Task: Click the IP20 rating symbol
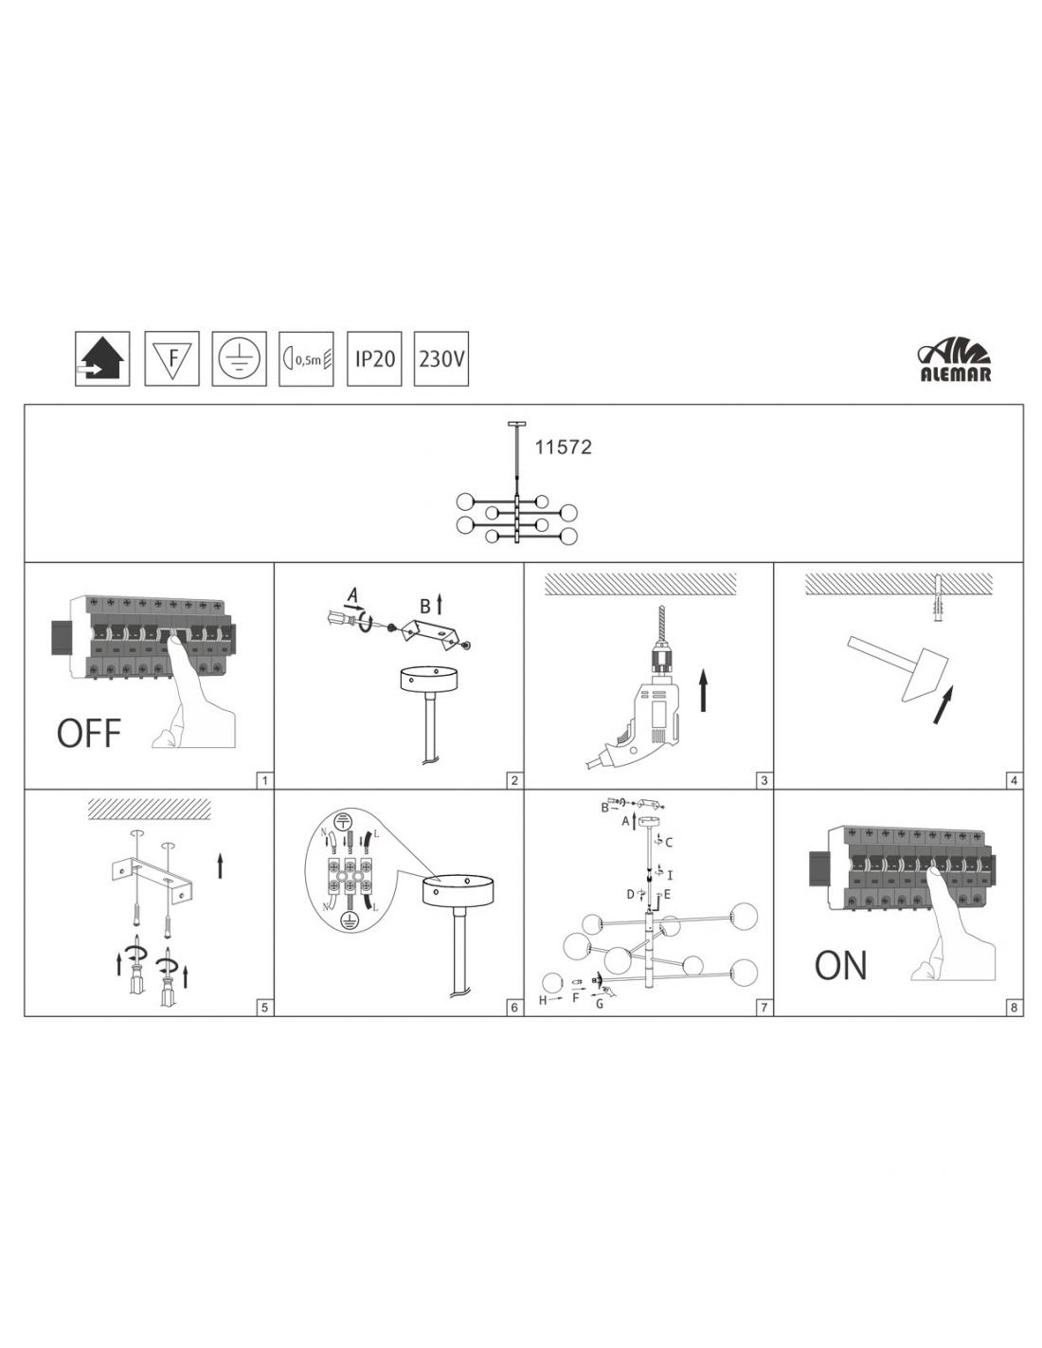[x=374, y=358]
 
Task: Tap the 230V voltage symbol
[x=440, y=358]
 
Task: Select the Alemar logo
[x=955, y=362]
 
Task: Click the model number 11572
[x=563, y=446]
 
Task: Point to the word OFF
[x=89, y=733]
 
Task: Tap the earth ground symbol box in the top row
[x=240, y=358]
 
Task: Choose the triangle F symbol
[x=171, y=358]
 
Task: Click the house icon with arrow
[x=102, y=358]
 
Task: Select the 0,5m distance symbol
[x=306, y=358]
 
